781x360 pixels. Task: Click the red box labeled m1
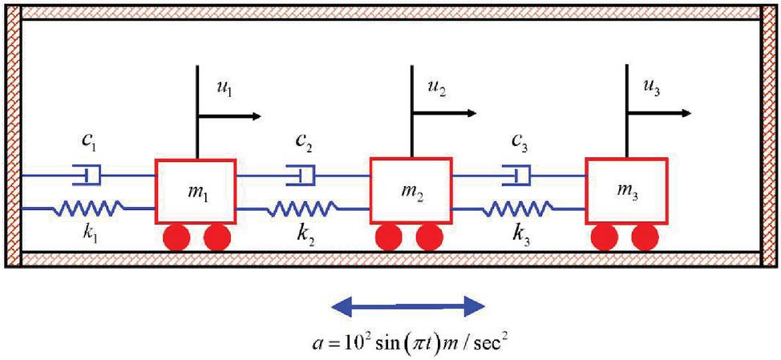pyautogui.click(x=195, y=191)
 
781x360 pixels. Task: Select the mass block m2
pyautogui.click(x=411, y=191)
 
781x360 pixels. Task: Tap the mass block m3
pyautogui.click(x=626, y=191)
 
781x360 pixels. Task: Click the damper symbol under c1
pyautogui.click(x=88, y=174)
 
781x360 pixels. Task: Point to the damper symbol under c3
pyautogui.click(x=517, y=174)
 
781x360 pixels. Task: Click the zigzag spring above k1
pyautogui.click(x=89, y=208)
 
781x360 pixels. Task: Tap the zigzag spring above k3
pyautogui.click(x=517, y=208)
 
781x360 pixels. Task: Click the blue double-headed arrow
pyautogui.click(x=409, y=305)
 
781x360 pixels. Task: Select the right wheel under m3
pyautogui.click(x=645, y=237)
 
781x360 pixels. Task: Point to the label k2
pyautogui.click(x=304, y=241)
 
